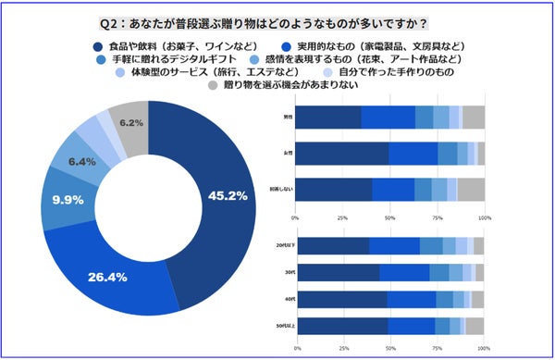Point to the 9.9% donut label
pos(68,199)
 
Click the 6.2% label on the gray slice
pos(130,122)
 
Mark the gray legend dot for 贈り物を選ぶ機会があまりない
pos(213,86)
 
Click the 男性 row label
pos(290,118)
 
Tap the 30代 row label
pos(290,272)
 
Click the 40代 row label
pos(290,299)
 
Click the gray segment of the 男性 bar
pos(473,118)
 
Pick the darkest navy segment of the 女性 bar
pos(342,154)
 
